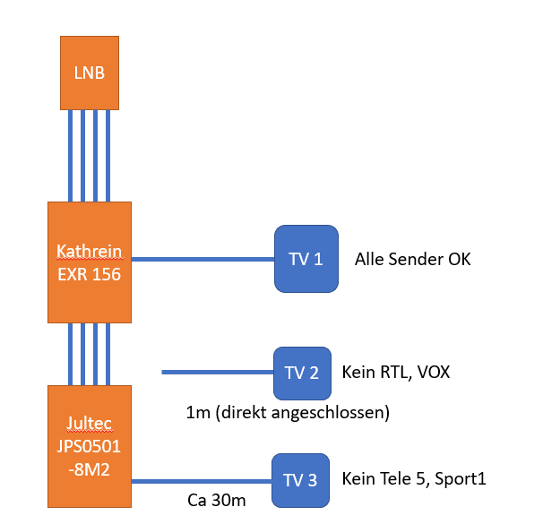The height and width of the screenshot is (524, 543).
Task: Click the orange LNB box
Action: tap(90, 73)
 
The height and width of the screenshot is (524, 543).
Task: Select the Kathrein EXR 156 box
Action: tap(90, 262)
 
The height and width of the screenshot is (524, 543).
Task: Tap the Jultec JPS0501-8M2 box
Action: tap(90, 445)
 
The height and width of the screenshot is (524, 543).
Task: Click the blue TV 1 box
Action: tap(306, 259)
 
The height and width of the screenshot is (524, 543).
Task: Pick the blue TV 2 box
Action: tap(302, 373)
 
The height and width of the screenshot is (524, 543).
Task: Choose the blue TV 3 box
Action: tap(301, 481)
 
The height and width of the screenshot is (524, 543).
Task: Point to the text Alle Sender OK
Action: tap(412, 260)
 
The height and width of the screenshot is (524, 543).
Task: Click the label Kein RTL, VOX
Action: tap(396, 372)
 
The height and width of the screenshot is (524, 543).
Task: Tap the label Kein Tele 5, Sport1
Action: tap(414, 479)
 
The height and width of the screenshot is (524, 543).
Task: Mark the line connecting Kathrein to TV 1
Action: tap(203, 259)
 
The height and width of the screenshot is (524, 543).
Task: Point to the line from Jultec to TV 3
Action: tap(202, 481)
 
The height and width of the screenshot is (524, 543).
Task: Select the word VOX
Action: tap(434, 372)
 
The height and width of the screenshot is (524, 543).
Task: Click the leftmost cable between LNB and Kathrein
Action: tap(70, 156)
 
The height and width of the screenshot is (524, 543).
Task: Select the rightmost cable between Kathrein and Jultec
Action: tap(108, 354)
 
